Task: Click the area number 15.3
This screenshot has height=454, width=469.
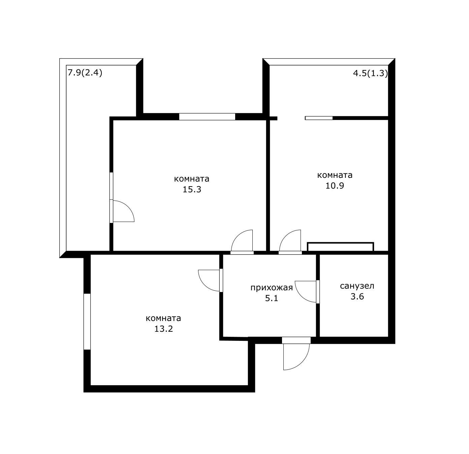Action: click(x=192, y=190)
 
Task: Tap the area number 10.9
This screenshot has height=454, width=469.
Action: click(x=335, y=186)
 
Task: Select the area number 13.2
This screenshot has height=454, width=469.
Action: click(x=163, y=329)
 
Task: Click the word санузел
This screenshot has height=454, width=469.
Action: click(x=357, y=286)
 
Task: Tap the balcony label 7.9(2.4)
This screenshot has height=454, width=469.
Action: click(x=85, y=72)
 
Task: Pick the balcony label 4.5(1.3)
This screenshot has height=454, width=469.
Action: click(x=370, y=73)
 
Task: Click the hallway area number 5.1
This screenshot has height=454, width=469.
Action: click(x=272, y=299)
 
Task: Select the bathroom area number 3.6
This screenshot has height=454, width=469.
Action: click(x=357, y=297)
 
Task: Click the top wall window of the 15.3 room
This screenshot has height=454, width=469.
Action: click(x=207, y=117)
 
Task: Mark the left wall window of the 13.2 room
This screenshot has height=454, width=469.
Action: click(x=87, y=322)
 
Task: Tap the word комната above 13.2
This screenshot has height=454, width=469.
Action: click(x=163, y=319)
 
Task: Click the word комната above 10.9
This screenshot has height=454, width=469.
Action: click(x=335, y=175)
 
